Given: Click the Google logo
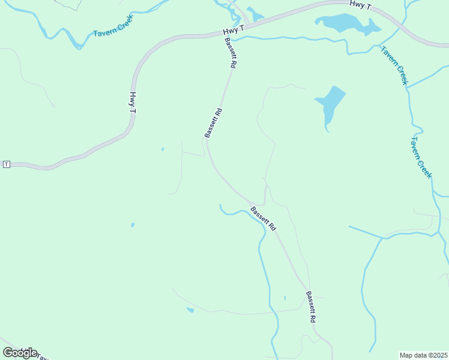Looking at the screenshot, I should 20,352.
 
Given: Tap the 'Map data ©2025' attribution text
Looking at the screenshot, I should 423,355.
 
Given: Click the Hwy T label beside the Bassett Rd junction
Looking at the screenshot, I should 234,29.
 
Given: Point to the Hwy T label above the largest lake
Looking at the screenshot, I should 361,5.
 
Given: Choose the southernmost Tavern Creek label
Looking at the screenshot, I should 421,157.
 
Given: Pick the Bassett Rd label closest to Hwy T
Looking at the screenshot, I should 230,52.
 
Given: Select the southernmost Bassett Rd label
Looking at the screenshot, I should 310,307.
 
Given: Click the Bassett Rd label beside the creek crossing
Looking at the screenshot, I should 263,219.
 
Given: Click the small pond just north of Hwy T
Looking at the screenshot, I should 256,15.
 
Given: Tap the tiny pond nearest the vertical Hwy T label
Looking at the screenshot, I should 163,149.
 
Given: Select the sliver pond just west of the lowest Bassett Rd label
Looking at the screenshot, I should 285,298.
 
